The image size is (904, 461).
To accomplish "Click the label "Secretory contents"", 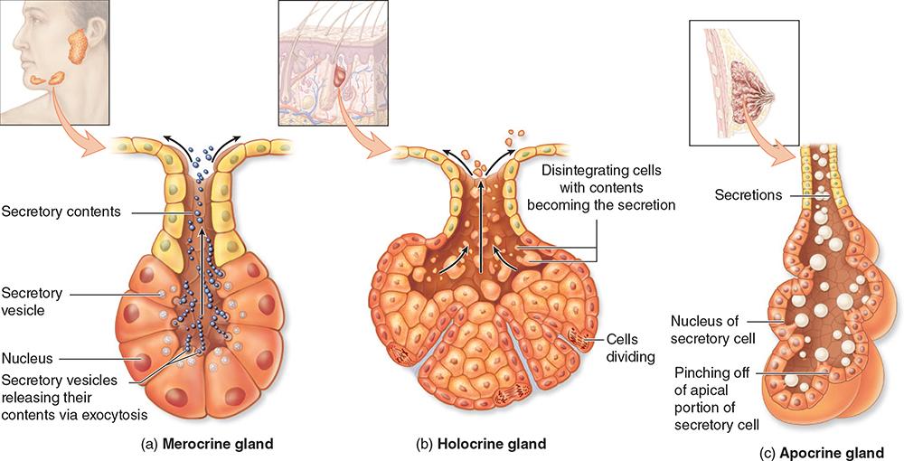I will [61, 212].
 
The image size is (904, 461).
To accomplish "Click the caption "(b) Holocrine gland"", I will [480, 444].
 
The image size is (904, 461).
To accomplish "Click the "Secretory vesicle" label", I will [32, 301].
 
